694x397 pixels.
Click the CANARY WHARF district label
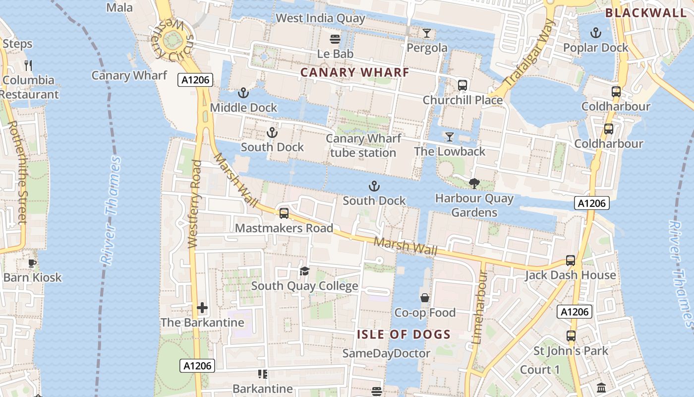click(x=355, y=72)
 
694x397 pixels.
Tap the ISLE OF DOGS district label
click(x=404, y=334)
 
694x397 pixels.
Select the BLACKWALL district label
click(x=646, y=13)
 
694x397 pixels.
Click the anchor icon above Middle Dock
click(x=243, y=93)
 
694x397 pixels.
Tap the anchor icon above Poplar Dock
click(x=595, y=33)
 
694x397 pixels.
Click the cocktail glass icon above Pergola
click(x=426, y=33)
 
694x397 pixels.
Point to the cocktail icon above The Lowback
click(x=450, y=137)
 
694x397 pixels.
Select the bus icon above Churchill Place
click(x=463, y=85)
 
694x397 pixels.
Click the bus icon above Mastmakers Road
click(x=284, y=213)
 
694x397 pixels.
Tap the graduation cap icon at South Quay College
click(x=304, y=271)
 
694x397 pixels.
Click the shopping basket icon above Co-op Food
click(x=425, y=298)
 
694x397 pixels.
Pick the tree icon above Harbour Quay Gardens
click(x=474, y=184)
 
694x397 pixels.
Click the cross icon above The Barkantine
click(x=202, y=308)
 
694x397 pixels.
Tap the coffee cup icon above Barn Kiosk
click(x=32, y=263)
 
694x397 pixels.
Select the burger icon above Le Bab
click(x=335, y=39)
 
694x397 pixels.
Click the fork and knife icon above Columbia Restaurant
click(x=28, y=65)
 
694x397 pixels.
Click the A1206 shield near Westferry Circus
click(x=195, y=80)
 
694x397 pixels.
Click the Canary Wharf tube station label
click(x=363, y=145)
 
